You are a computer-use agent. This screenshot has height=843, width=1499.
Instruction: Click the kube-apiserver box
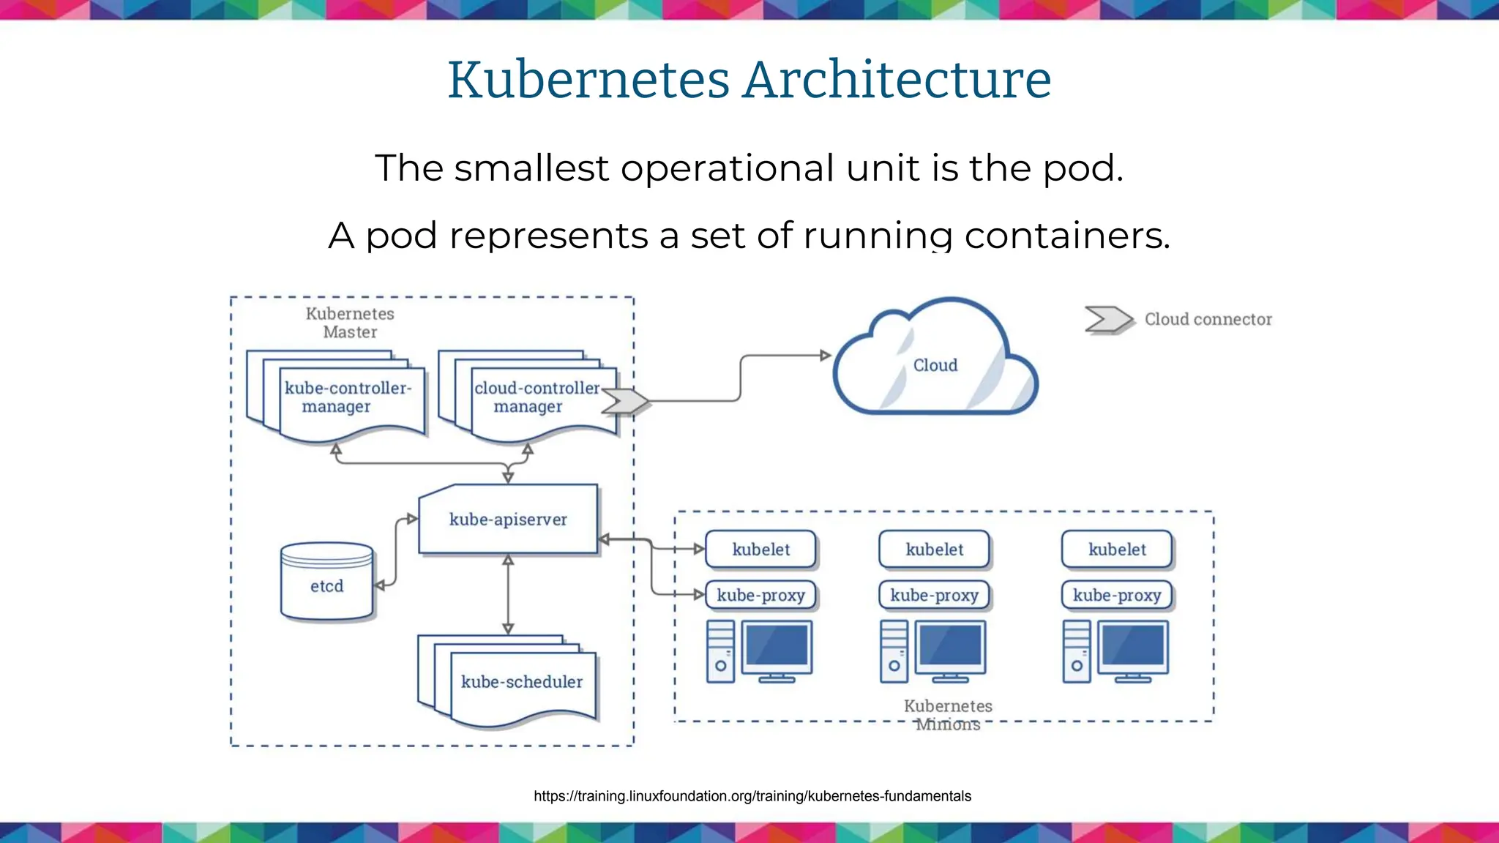508,520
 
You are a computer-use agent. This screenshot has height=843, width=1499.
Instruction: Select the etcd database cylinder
326,583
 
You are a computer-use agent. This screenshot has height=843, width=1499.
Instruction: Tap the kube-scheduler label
521,682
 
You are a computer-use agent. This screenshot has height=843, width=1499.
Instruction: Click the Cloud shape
935,365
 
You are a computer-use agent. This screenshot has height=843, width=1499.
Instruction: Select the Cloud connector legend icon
1108,320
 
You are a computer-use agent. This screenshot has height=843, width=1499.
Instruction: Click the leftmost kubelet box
760,550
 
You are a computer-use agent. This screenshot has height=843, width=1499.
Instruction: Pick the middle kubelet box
934,550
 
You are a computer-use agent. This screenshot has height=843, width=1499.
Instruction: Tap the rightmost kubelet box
1117,550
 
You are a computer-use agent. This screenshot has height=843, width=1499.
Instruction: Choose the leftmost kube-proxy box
760,596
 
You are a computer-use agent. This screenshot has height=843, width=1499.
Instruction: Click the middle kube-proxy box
934,596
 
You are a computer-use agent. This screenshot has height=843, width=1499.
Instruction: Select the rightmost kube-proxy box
1117,596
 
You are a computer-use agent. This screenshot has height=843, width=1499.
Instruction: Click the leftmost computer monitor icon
777,648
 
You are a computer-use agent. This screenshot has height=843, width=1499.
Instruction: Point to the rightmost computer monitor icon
1133,648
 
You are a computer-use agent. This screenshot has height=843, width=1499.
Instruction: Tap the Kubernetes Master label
350,323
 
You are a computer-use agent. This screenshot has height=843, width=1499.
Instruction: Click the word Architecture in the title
897,80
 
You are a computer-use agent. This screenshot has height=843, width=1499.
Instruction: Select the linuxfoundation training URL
752,796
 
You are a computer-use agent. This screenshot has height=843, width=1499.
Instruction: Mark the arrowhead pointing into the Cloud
826,356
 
